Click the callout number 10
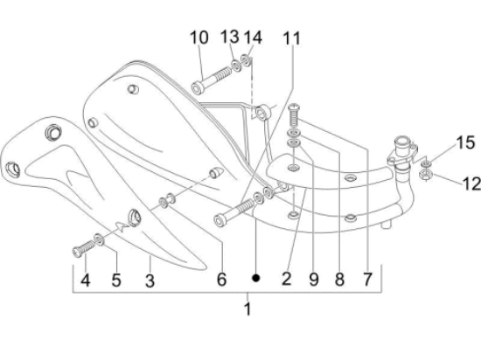[199, 38]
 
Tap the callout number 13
[229, 37]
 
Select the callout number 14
[253, 37]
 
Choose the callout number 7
[367, 280]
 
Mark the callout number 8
[338, 280]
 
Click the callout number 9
[312, 280]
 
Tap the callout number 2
[286, 280]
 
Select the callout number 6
[222, 280]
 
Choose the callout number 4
[85, 280]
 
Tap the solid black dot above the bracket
[256, 279]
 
